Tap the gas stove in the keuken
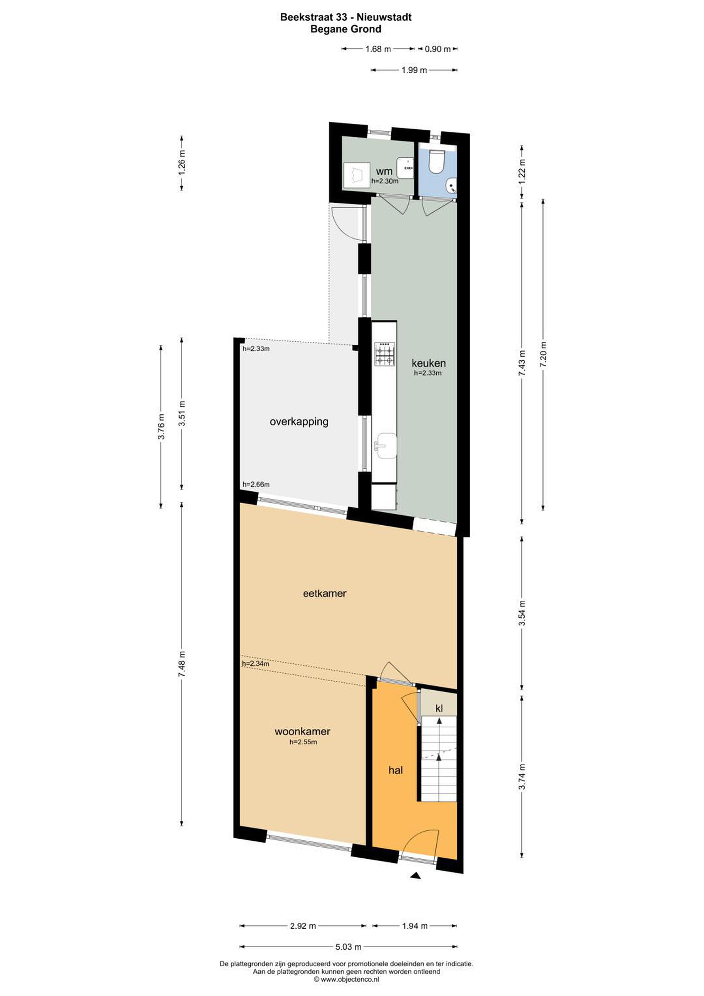coord(385,353)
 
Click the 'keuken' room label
coord(428,363)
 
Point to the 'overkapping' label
coord(299,422)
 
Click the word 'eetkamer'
coord(324,593)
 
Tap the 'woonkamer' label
coord(302,731)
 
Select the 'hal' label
coord(396,770)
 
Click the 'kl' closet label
coord(439,708)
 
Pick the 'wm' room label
coord(384,171)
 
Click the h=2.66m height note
coord(256,485)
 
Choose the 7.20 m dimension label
coord(543,354)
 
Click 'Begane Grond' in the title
coord(346,29)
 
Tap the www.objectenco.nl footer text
coord(347,979)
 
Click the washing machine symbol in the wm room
coord(356,175)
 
